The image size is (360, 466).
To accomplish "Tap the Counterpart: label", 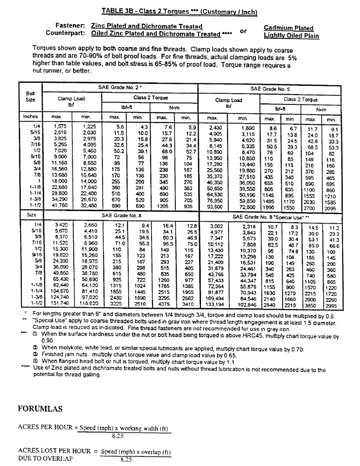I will (x=65, y=34).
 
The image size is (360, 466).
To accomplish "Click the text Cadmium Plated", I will (x=288, y=28).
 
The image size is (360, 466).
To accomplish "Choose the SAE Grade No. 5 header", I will (x=271, y=89).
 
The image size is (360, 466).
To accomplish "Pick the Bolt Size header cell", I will (x=30, y=96).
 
